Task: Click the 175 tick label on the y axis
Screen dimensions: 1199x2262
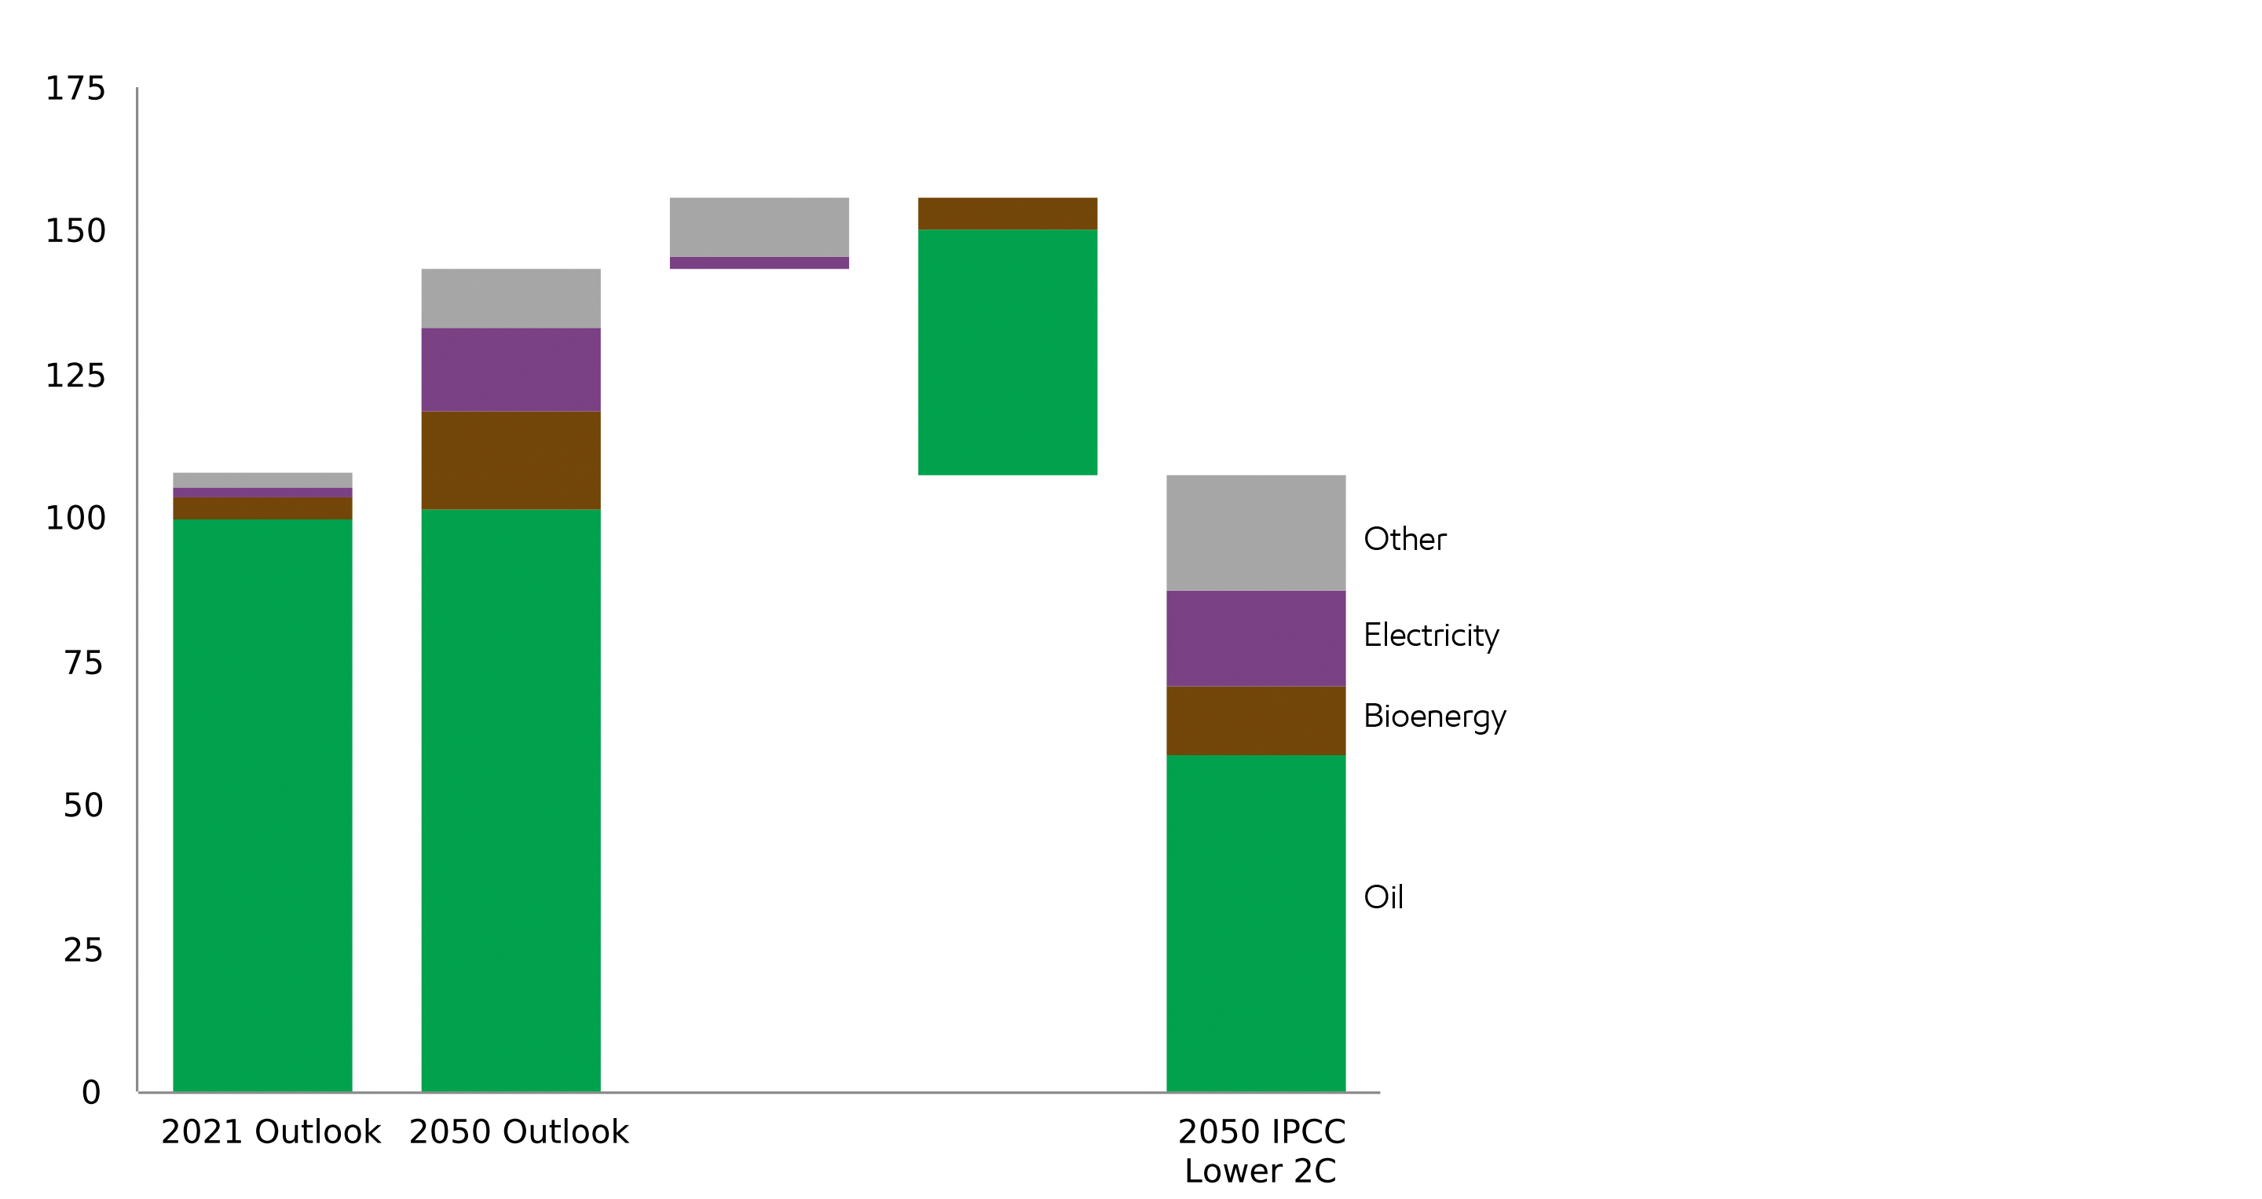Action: [x=75, y=89]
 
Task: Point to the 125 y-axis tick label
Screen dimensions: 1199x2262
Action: [x=75, y=376]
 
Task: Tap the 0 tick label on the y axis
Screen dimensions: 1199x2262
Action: [x=91, y=1093]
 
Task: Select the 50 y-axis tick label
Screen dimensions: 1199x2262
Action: [x=83, y=805]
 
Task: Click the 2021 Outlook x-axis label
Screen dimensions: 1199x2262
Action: [x=270, y=1132]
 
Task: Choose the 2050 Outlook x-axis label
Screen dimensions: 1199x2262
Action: [x=519, y=1132]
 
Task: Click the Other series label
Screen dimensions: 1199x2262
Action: [x=1405, y=539]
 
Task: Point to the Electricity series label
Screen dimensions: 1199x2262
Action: [x=1431, y=635]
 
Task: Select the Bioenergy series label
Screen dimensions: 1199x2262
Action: [x=1435, y=717]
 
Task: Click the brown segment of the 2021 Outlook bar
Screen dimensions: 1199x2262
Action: [x=262, y=508]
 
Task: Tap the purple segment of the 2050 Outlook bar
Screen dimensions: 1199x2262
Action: [x=511, y=370]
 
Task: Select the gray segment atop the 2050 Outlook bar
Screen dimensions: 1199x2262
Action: [x=511, y=299]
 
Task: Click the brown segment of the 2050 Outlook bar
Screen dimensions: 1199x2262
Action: [x=511, y=460]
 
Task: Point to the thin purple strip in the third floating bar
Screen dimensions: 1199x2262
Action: [x=759, y=262]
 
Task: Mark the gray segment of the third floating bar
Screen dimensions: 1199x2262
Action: [x=759, y=226]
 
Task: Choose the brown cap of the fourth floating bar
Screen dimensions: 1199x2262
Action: [x=1008, y=214]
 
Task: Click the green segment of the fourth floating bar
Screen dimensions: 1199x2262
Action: [x=1008, y=352]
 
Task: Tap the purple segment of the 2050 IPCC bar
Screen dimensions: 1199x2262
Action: [x=1256, y=639]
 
